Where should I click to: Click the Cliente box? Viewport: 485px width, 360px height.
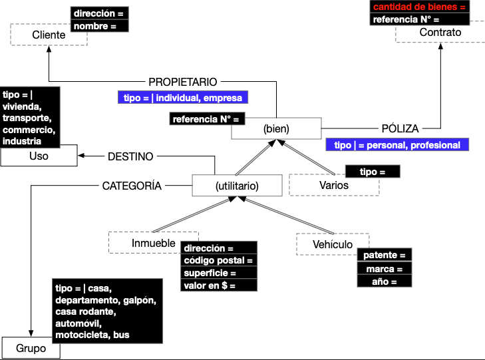[x=48, y=35]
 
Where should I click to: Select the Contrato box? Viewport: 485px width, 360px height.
[x=440, y=33]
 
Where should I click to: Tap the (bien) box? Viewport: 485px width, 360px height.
[x=276, y=128]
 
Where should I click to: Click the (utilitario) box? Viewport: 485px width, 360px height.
[x=237, y=186]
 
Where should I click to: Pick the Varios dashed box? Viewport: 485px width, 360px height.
[x=333, y=186]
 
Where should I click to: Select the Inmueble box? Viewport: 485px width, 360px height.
[x=144, y=242]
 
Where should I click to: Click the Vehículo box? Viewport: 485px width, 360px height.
[x=333, y=244]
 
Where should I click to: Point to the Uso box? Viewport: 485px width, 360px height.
[x=39, y=157]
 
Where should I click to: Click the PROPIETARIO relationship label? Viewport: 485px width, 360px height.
[x=183, y=82]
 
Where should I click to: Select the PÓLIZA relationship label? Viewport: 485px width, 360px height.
[x=400, y=128]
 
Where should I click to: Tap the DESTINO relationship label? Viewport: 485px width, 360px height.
[x=130, y=156]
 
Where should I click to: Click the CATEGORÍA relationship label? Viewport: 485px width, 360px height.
[x=132, y=186]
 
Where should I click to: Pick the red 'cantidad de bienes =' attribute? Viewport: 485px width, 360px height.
[x=419, y=7]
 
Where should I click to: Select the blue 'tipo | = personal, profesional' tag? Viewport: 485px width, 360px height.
[x=397, y=145]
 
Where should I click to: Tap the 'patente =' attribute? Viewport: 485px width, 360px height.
[x=385, y=256]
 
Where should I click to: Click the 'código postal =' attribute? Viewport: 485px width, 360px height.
[x=218, y=260]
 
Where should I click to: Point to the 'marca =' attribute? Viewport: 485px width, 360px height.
[x=385, y=269]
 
